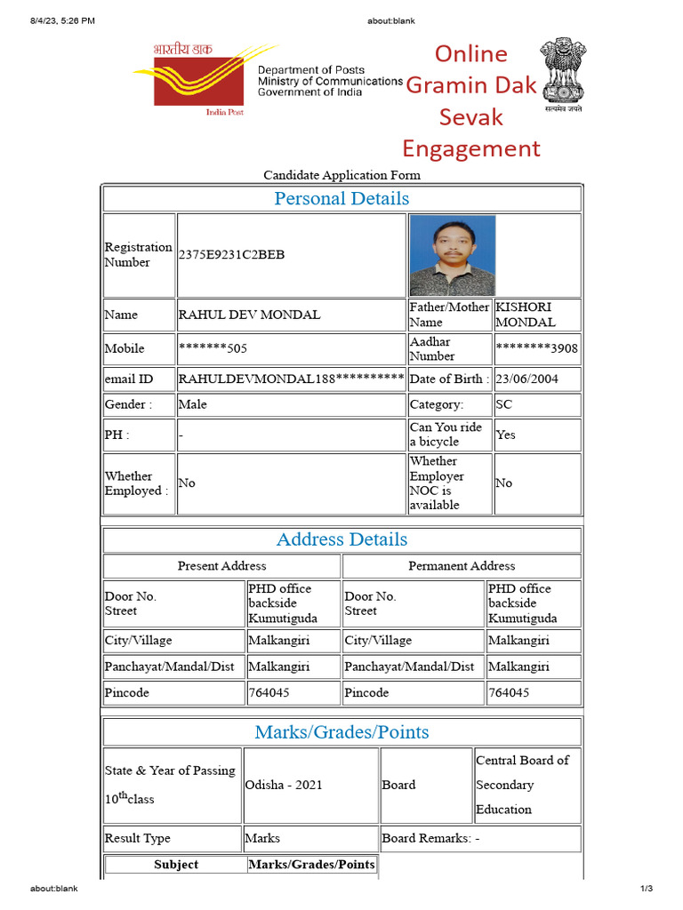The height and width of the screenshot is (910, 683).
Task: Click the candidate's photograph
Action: (x=452, y=255)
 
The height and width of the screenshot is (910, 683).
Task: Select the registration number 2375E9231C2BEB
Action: (x=232, y=255)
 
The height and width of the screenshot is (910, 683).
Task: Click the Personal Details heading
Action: (x=341, y=199)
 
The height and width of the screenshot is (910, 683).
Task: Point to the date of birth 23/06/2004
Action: (x=527, y=379)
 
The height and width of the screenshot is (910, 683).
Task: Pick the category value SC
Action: (x=504, y=404)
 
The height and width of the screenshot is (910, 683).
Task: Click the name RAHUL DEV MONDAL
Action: (x=250, y=315)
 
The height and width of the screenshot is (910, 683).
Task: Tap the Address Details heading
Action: (x=341, y=539)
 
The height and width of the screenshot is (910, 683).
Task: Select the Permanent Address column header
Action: (x=462, y=566)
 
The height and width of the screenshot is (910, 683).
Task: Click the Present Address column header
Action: (x=221, y=566)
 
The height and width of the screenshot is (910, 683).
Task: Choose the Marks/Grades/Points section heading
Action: (x=341, y=732)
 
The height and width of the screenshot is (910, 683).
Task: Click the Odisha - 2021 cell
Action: (x=284, y=785)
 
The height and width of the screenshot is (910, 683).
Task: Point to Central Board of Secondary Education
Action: (x=522, y=785)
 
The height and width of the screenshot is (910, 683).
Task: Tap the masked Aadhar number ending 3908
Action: (x=536, y=348)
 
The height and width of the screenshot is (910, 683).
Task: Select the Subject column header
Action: (x=176, y=865)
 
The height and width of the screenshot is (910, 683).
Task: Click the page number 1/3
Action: (x=647, y=889)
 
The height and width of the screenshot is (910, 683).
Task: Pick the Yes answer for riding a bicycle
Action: (x=505, y=435)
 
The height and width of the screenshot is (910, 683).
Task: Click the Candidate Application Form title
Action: (x=341, y=175)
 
